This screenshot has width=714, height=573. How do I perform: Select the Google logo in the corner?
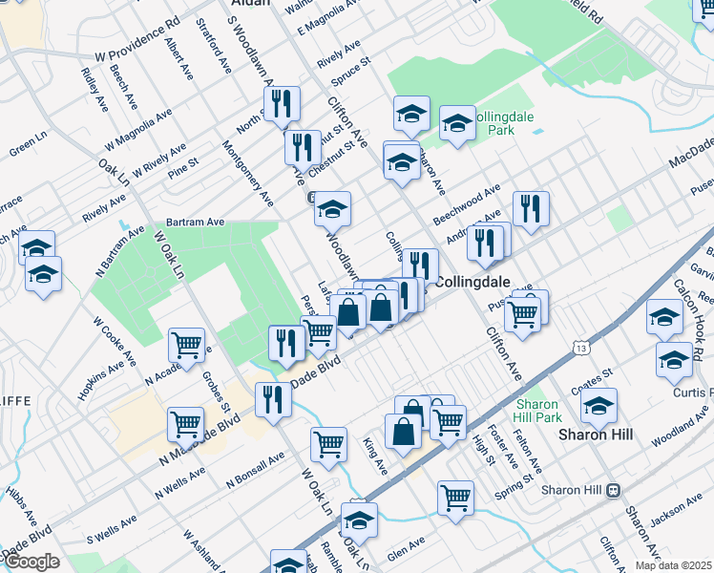pos(31,562)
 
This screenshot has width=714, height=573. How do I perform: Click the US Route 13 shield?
pos(580,349)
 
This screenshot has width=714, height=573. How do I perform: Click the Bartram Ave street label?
pos(194,222)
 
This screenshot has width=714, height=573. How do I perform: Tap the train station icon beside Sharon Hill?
pos(613,490)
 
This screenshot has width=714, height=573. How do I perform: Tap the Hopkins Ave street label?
pos(101,380)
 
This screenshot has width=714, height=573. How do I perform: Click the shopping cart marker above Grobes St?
pos(187,346)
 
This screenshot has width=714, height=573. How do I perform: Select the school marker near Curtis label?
pos(674,361)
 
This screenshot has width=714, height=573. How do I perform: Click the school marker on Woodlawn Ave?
pos(332,208)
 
